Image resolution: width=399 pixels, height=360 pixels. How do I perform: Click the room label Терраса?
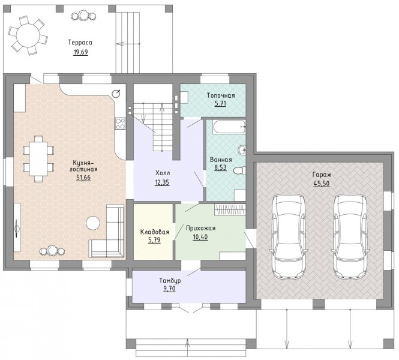point(80,42)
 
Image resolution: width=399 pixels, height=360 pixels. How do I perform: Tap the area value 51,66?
point(83,178)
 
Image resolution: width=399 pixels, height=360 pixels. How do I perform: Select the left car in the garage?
point(289,236)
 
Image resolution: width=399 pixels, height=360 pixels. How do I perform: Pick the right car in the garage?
point(350,236)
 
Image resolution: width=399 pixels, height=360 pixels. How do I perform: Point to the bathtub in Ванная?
point(230,127)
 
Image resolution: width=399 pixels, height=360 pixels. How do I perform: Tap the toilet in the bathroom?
point(240,170)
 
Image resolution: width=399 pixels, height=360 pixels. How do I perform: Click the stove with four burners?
point(120,124)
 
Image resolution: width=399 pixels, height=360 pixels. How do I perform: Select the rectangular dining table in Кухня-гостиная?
point(38,159)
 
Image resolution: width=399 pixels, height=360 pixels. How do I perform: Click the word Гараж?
point(322,175)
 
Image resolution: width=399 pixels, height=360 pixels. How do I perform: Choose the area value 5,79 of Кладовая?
point(154,239)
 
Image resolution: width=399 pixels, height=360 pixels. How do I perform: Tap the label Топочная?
point(221,95)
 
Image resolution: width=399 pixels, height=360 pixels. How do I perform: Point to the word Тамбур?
point(170,281)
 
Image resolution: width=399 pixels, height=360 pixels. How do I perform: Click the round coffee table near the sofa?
point(93,223)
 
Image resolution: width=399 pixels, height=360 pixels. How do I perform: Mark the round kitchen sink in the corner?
point(116,94)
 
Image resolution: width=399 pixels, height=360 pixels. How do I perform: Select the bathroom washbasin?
point(242,150)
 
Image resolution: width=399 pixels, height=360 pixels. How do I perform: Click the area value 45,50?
point(322,184)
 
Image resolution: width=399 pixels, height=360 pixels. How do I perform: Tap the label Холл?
point(163,173)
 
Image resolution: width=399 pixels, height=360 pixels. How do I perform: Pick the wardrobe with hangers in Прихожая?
point(230,210)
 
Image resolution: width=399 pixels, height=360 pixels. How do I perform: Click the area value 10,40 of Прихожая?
point(200,237)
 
